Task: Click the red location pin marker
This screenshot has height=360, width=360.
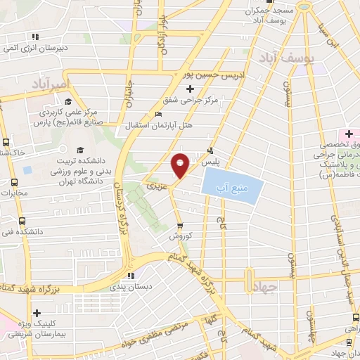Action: pyautogui.click(x=180, y=165)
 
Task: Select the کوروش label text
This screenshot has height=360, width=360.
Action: pyautogui.click(x=180, y=237)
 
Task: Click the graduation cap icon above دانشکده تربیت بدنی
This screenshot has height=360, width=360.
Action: pyautogui.click(x=79, y=150)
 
